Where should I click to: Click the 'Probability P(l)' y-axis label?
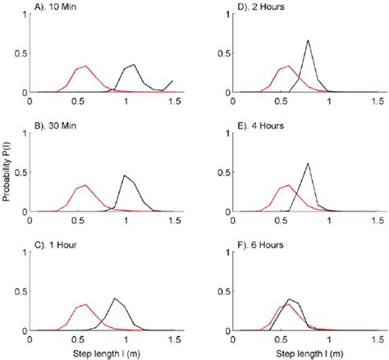(x=8, y=176)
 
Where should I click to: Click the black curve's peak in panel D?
(x=308, y=40)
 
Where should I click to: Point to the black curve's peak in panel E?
(x=308, y=163)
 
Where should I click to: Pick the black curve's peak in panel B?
(x=125, y=175)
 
